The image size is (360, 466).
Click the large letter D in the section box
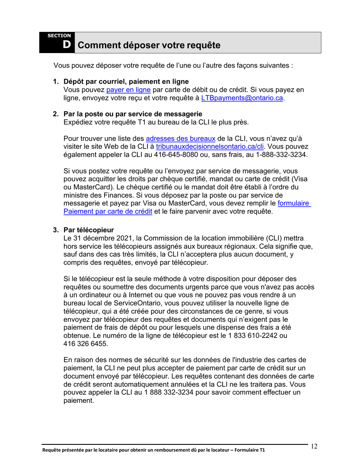(67, 45)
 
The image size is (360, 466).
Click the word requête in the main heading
(201, 46)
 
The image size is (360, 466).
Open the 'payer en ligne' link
(128, 90)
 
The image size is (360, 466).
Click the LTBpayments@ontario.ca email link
(242, 98)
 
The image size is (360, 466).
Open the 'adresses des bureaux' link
(180, 138)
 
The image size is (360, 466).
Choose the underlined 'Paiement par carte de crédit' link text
(108, 212)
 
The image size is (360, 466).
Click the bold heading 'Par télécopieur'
(89, 230)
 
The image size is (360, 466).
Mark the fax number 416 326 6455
(85, 344)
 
